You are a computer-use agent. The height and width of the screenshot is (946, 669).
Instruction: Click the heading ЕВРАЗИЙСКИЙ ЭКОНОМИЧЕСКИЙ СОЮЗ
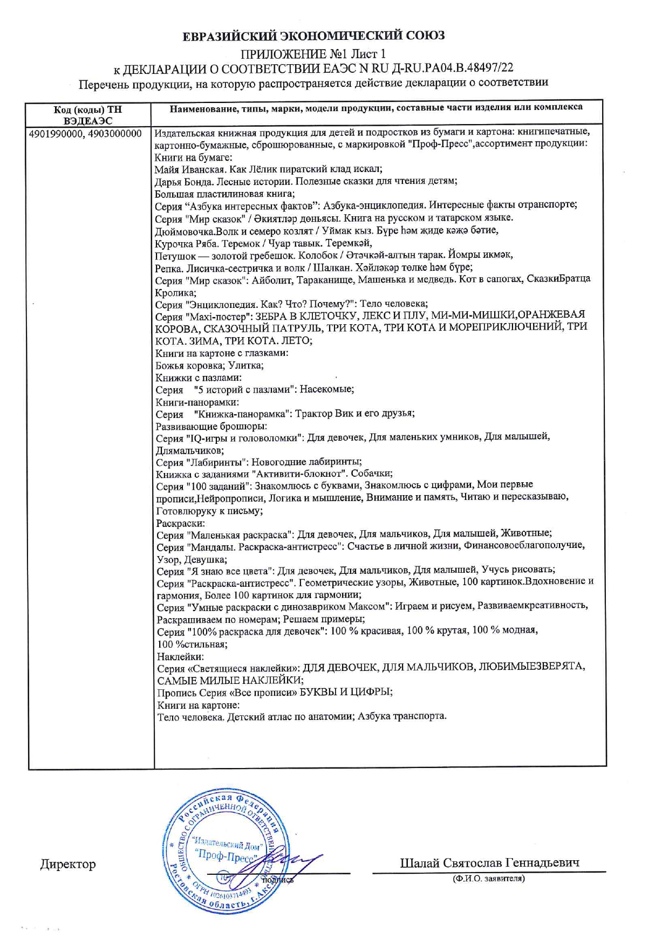tap(313, 36)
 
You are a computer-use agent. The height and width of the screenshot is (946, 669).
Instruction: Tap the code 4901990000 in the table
tap(54, 134)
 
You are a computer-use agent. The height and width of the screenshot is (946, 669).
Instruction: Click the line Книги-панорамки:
tap(197, 402)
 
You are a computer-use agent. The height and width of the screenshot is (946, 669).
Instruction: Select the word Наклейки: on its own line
tap(180, 657)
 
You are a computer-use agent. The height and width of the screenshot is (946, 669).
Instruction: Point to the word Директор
tap(68, 865)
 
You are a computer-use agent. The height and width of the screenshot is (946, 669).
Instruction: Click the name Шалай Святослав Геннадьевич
tap(489, 863)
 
